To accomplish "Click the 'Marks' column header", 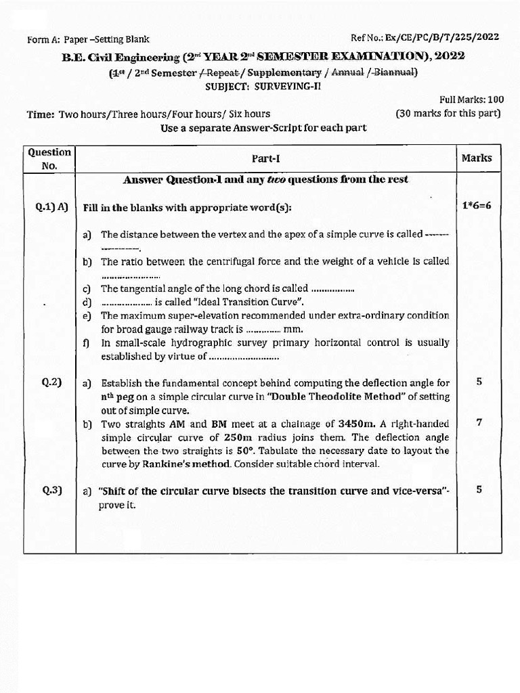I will tap(477, 158).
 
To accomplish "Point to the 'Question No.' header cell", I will tap(49, 159).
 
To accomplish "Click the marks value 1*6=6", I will tap(477, 205).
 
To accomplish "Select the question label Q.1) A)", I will tap(51, 207).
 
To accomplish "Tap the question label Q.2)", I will tap(51, 382).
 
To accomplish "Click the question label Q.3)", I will tap(51, 491).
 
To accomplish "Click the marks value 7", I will tap(479, 422).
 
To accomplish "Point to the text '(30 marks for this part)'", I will tap(448, 113).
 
